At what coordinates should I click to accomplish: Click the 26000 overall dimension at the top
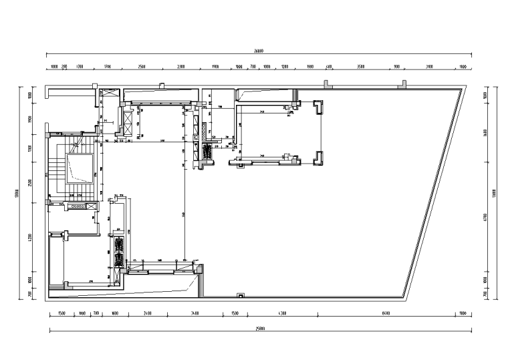coord(258,51)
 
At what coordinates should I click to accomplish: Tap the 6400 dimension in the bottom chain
coord(386,313)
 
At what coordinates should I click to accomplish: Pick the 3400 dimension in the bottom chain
coord(195,313)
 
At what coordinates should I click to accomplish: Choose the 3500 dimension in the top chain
coord(361,67)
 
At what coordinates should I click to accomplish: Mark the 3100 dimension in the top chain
coord(429,67)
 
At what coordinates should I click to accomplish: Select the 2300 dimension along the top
coord(181,67)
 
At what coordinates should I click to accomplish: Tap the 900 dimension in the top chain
coord(396,67)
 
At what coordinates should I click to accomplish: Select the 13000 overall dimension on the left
coord(15,193)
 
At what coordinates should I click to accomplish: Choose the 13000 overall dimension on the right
coord(495,193)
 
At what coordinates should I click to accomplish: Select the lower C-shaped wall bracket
coord(318,158)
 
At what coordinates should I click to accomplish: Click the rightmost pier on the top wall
coord(402,84)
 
